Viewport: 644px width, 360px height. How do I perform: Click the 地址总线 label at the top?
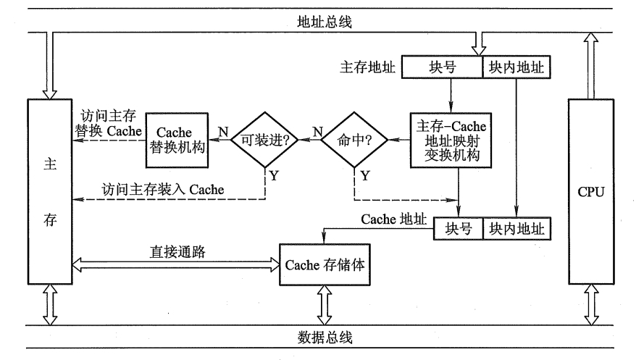pos(324,22)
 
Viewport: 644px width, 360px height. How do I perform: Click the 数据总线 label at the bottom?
pos(324,337)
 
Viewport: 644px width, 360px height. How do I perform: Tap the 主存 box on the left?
pos(49,191)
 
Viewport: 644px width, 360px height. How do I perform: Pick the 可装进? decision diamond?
pos(265,139)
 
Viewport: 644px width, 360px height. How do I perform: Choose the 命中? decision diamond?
pos(354,139)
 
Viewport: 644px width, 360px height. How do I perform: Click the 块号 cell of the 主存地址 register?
pos(442,67)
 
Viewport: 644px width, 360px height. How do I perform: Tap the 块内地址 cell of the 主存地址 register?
pos(517,67)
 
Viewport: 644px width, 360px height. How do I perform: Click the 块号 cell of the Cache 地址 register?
pos(458,228)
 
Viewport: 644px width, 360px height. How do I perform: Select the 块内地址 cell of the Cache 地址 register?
pos(517,228)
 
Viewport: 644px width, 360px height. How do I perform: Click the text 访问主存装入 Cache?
pos(162,189)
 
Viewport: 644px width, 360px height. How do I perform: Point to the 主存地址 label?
pos(367,67)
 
